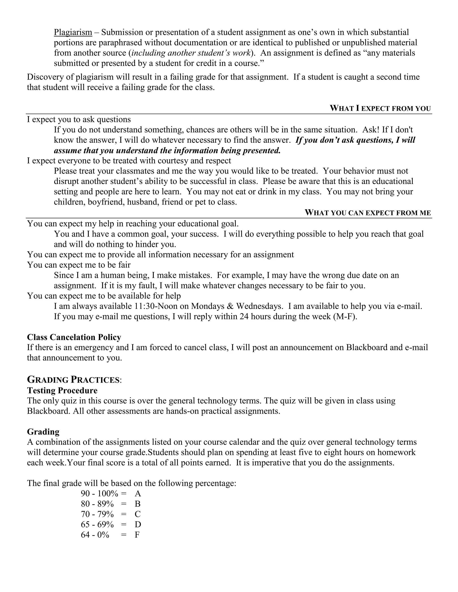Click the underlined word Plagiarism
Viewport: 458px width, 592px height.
73,32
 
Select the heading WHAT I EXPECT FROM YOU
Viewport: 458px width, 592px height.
380,108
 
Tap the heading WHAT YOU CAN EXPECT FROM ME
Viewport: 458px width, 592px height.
368,212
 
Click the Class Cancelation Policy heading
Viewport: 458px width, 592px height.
74,337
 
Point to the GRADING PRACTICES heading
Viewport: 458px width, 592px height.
73,380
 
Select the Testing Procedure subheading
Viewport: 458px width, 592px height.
62,390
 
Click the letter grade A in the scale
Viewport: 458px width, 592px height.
138,493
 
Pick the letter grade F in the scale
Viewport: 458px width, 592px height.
137,535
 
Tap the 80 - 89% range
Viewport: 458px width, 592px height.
97,504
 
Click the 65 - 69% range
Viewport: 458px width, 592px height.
97,524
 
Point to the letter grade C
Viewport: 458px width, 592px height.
138,514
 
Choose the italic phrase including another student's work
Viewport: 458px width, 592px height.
191,53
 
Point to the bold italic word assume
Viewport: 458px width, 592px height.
67,150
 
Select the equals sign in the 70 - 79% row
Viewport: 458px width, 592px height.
124,514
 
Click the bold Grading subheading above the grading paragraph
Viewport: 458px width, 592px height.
43,432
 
